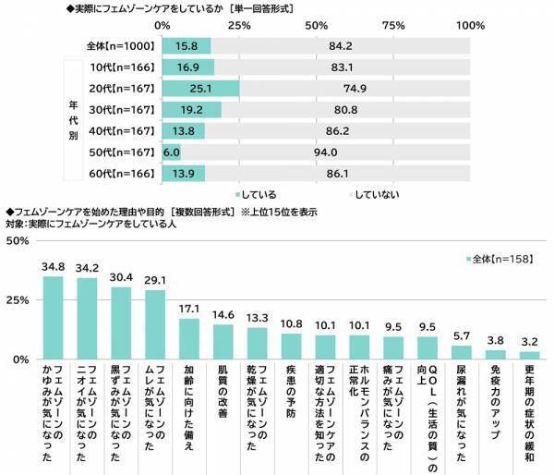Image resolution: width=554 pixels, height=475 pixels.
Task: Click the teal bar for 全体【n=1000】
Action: (186, 46)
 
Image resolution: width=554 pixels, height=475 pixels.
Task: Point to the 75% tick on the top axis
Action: (393, 25)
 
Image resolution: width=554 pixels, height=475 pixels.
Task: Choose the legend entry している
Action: (257, 195)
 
